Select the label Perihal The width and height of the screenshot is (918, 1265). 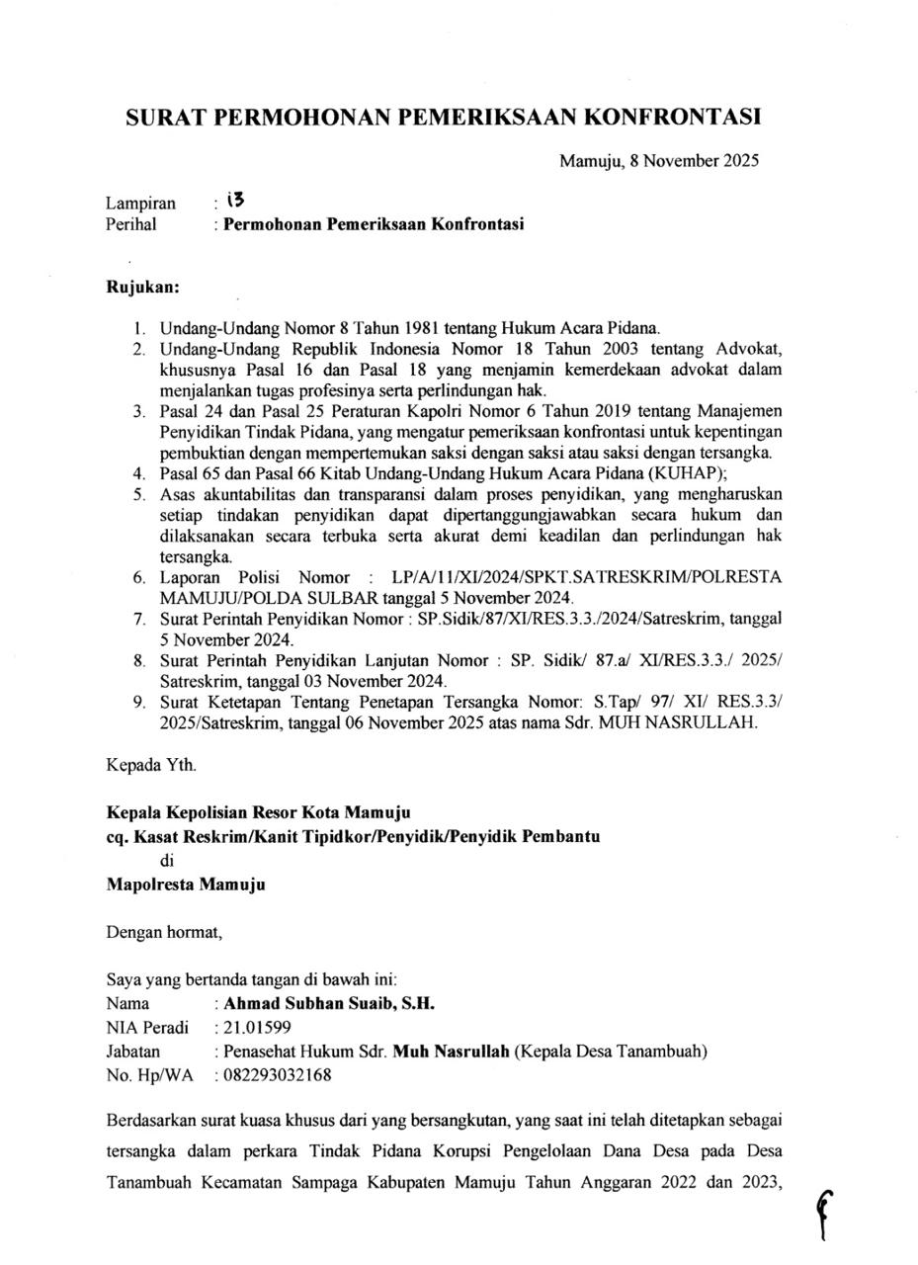pos(130,224)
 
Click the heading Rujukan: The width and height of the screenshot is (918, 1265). pos(143,288)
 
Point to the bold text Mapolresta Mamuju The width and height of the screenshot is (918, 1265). pos(186,885)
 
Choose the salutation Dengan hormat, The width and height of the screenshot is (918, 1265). pos(165,931)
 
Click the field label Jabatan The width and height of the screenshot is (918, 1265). pos(132,1052)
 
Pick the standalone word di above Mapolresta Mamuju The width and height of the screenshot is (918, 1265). pos(167,861)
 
